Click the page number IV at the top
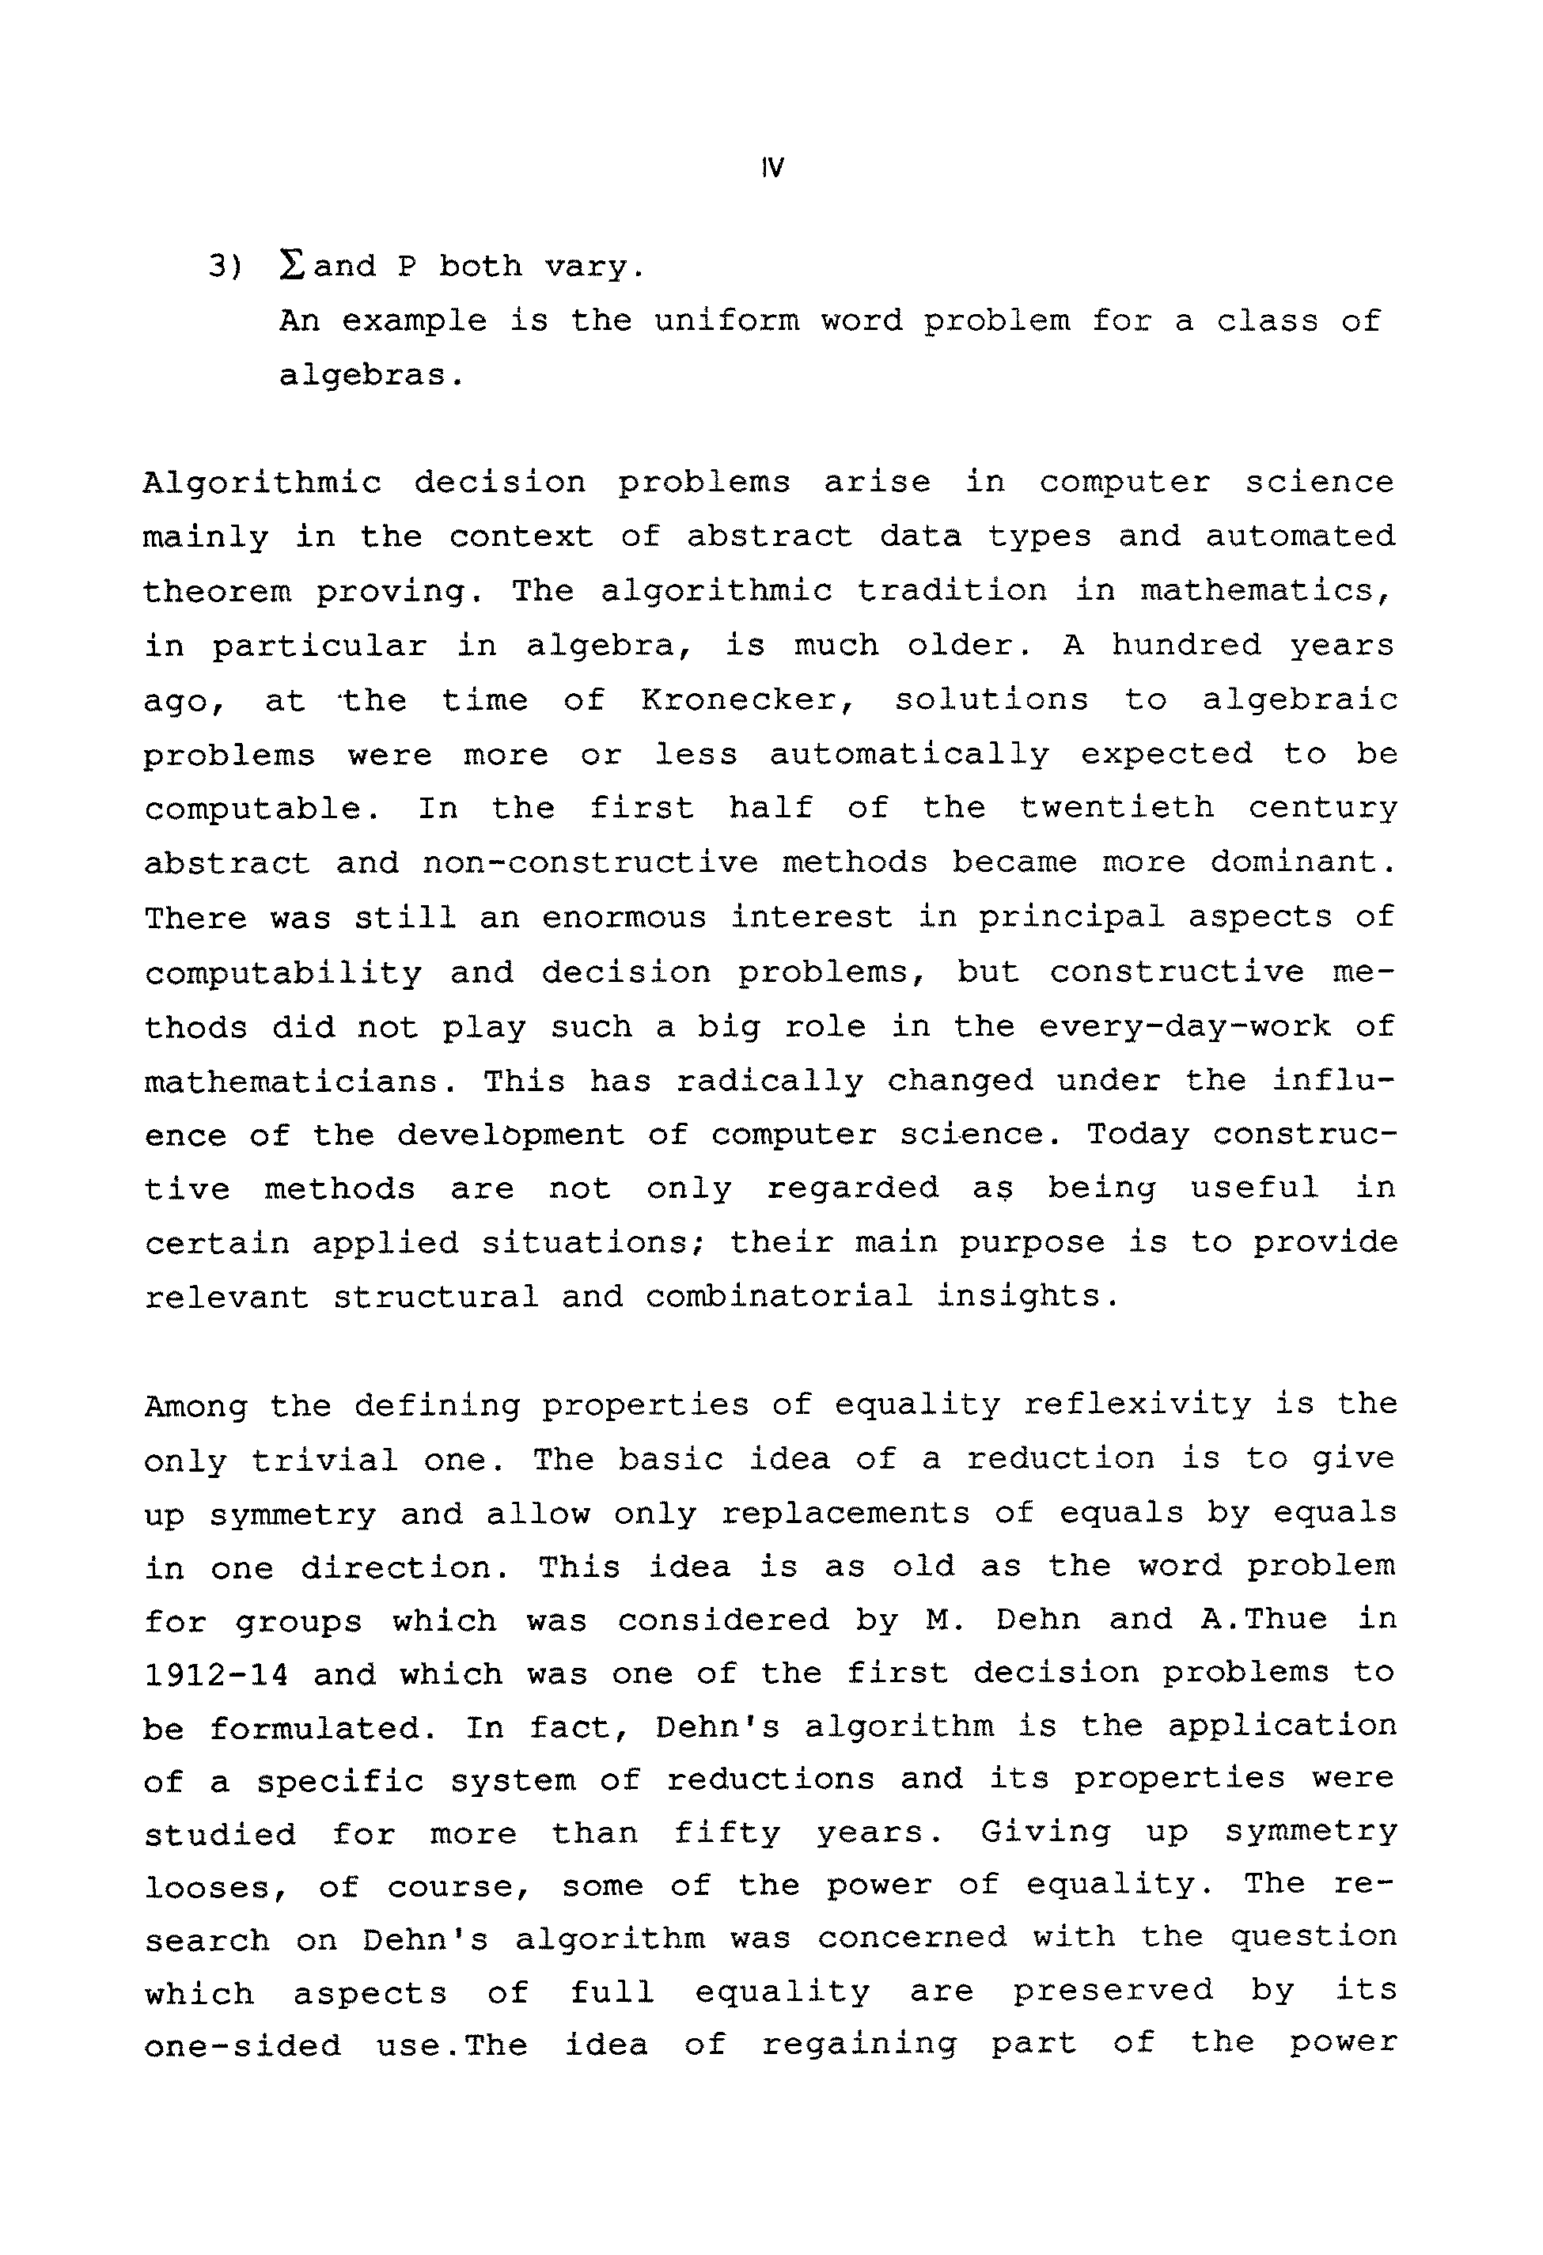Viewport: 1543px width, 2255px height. tap(773, 168)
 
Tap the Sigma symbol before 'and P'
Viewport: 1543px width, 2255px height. tap(291, 266)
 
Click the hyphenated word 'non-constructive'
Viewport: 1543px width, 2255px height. tap(590, 863)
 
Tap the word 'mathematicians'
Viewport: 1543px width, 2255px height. tap(291, 1081)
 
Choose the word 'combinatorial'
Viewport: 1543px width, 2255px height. tap(779, 1298)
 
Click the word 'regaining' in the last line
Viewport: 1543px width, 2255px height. tap(859, 2044)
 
